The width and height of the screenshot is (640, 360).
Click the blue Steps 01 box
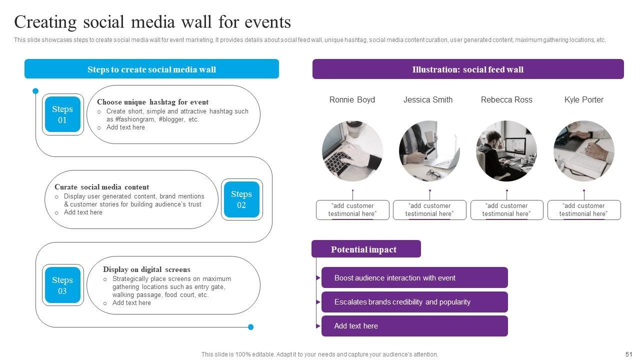tap(62, 114)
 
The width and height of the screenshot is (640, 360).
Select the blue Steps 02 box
tap(241, 199)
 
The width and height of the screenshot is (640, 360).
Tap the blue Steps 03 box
tap(62, 285)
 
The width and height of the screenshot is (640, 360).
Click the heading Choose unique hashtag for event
tap(152, 102)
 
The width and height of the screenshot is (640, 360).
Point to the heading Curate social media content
tap(101, 187)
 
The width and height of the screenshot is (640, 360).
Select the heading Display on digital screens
tap(146, 269)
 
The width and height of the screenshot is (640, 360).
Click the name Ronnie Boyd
tap(352, 100)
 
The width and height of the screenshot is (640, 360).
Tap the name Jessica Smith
tap(428, 100)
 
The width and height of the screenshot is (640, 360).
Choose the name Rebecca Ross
tap(506, 100)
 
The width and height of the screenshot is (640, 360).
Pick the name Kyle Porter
tap(583, 100)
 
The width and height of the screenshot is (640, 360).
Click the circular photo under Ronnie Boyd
tap(352, 150)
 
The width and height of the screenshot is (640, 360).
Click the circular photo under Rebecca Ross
tap(506, 150)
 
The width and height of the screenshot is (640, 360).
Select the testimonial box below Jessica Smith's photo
tap(429, 210)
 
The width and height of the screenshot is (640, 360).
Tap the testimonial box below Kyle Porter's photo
tap(584, 210)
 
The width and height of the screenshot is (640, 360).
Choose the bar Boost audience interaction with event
tap(414, 278)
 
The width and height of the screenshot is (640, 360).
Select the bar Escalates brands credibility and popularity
tap(414, 302)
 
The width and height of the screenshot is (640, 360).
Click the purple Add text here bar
tap(414, 326)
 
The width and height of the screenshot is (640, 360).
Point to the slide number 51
tap(629, 354)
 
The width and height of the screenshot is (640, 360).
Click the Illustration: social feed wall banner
tap(468, 69)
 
